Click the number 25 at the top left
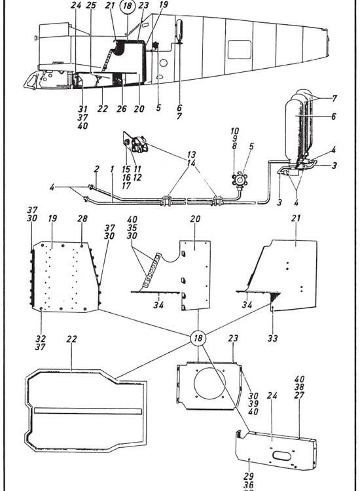point(91,6)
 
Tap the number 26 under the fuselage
point(121,109)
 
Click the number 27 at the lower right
point(300,395)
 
